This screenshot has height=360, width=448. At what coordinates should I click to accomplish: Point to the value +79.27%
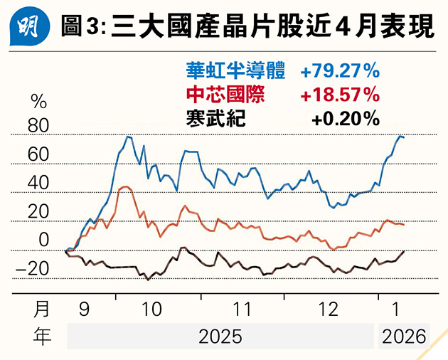(x=339, y=71)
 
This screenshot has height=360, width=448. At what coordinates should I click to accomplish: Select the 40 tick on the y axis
(x=39, y=183)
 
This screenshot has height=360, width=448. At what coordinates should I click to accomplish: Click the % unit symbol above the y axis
(x=37, y=102)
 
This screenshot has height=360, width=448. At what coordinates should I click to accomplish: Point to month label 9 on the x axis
(x=84, y=309)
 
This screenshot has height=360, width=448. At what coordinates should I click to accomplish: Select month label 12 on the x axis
(x=329, y=309)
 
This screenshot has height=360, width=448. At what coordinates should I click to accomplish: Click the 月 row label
(x=43, y=309)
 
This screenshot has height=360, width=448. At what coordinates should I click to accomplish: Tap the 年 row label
(x=43, y=337)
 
